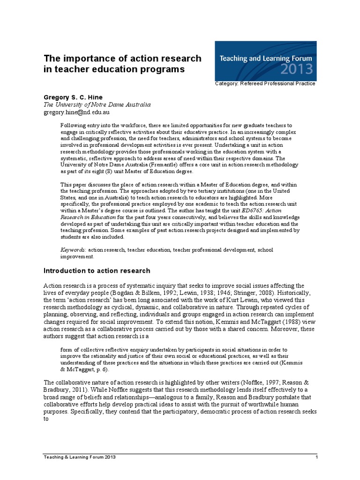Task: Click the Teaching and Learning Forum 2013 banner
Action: pyautogui.click(x=265, y=60)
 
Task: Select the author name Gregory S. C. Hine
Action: pyautogui.click(x=73, y=97)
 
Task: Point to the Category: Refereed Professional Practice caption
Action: pyautogui.click(x=265, y=83)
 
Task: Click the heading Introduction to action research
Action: pyautogui.click(x=97, y=270)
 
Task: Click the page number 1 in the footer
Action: pyautogui.click(x=317, y=457)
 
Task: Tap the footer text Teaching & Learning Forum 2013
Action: pyautogui.click(x=79, y=457)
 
